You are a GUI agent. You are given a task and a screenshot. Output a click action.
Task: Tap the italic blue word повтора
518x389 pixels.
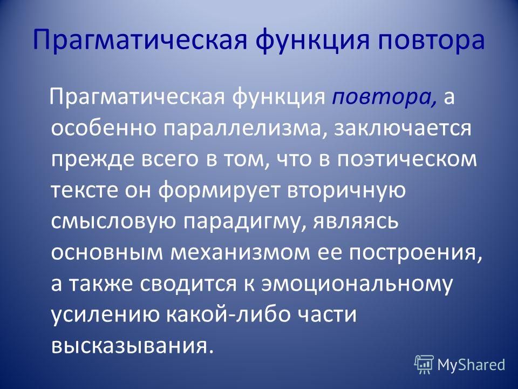pyautogui.click(x=384, y=98)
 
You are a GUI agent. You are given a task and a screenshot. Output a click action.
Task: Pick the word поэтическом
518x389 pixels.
pyautogui.click(x=407, y=159)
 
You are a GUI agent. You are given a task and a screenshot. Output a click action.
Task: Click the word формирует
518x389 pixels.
pyautogui.click(x=219, y=191)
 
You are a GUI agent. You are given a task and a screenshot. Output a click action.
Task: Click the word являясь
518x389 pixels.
pyautogui.click(x=355, y=222)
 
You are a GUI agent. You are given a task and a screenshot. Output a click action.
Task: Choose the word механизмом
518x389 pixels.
pyautogui.click(x=241, y=252)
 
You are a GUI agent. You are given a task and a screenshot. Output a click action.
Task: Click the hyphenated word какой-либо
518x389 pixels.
pyautogui.click(x=227, y=313)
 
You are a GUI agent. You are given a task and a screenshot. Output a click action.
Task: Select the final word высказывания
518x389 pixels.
pyautogui.click(x=130, y=346)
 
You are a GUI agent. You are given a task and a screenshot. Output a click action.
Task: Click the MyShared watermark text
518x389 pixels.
pyautogui.click(x=472, y=365)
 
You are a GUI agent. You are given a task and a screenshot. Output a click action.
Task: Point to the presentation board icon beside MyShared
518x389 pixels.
pyautogui.click(x=424, y=365)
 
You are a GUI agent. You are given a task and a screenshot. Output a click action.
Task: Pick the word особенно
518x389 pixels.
pyautogui.click(x=104, y=129)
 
